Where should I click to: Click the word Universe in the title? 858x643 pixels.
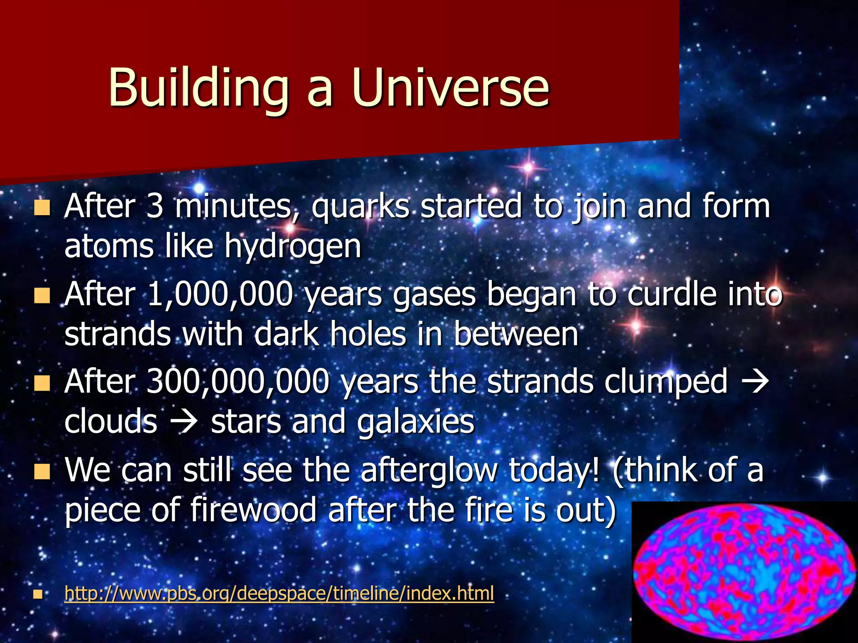[450, 88]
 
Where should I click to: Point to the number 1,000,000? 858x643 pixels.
[220, 294]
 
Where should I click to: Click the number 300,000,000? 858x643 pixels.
[238, 382]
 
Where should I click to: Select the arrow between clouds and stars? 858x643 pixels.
[184, 422]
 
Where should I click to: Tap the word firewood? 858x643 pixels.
[253, 510]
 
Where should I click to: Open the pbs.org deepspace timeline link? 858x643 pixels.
[279, 594]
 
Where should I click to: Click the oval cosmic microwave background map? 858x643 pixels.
[744, 572]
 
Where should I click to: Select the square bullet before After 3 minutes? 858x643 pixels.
[42, 208]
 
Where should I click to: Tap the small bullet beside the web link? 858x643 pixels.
[38, 594]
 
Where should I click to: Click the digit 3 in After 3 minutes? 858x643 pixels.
[155, 206]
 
